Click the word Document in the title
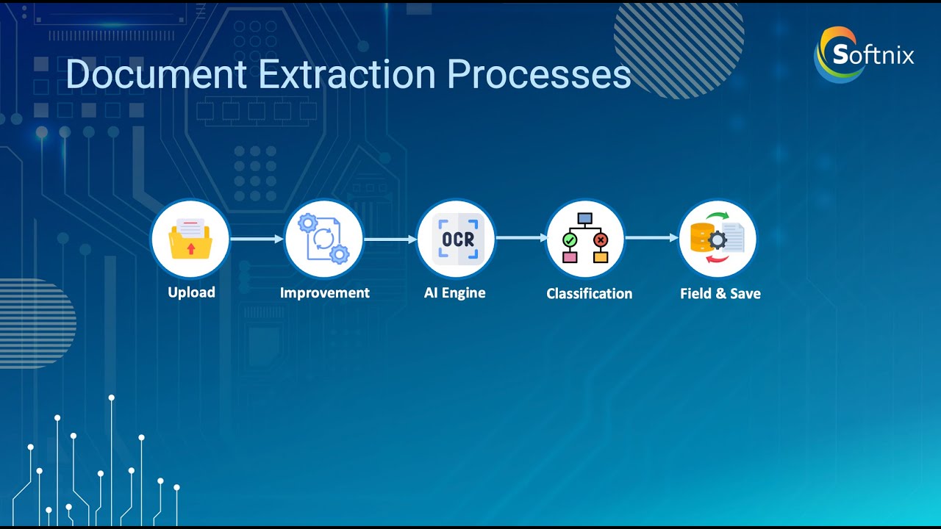156,74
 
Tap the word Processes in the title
539,74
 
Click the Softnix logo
864,54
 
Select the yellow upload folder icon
190,239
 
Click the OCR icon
458,239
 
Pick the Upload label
191,292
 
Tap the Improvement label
325,292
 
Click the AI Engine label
454,292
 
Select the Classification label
590,293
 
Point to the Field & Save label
720,293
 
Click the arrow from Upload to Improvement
257,239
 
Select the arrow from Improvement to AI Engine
390,240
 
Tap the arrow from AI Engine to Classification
522,238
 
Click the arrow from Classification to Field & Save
651,238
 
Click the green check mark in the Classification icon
570,240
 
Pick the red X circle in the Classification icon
601,240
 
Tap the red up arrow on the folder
191,248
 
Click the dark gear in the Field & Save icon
718,240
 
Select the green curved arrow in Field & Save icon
718,216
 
